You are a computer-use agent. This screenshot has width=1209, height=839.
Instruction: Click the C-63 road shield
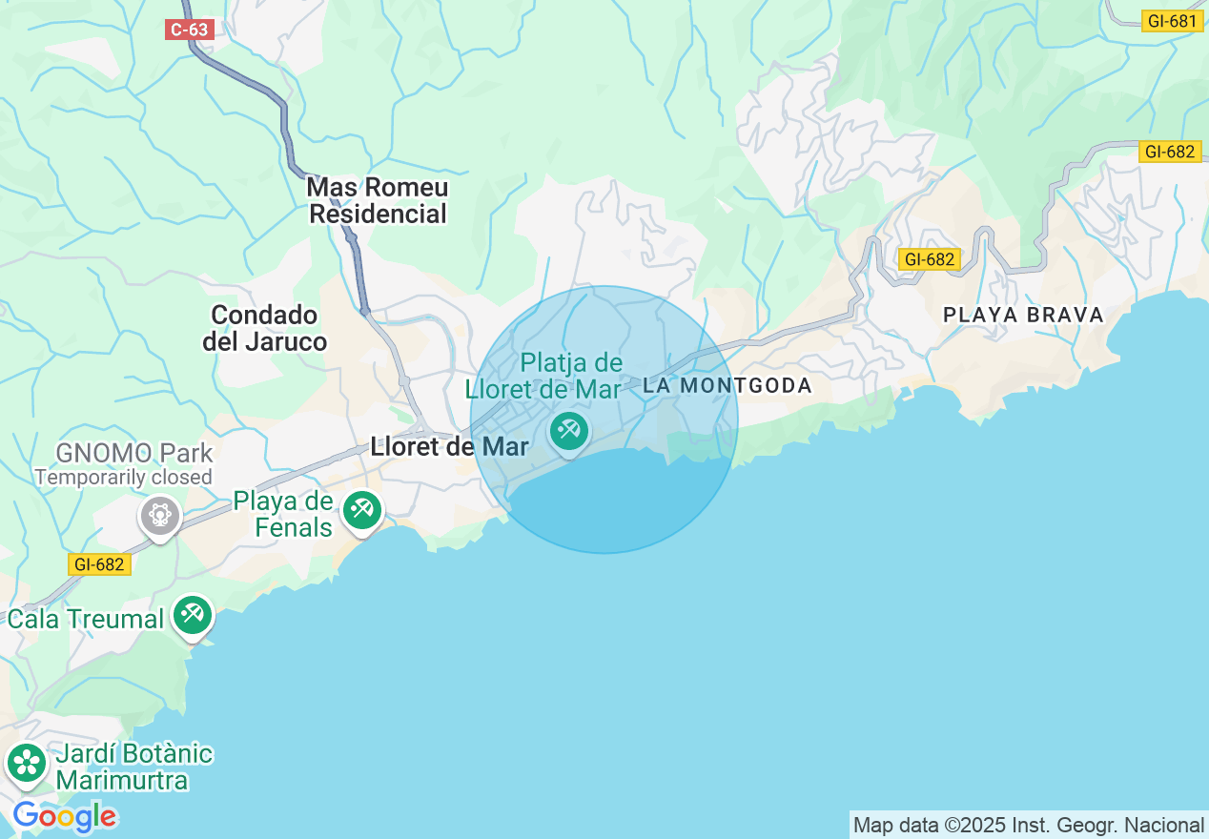tap(189, 30)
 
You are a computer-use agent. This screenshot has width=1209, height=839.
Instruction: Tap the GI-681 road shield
tap(1171, 21)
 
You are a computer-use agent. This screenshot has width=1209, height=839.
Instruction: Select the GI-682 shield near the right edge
tap(1169, 151)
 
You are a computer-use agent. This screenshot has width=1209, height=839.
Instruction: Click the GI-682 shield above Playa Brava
tap(929, 259)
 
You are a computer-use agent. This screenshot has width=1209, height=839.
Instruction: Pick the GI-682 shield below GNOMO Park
tap(98, 564)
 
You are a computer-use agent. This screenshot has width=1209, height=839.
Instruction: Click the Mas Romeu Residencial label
tap(379, 201)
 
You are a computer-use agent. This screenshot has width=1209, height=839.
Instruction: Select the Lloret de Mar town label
tap(449, 446)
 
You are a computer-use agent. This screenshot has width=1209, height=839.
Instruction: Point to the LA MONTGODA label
tap(727, 386)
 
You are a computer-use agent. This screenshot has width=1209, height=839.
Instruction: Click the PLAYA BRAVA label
tap(1023, 315)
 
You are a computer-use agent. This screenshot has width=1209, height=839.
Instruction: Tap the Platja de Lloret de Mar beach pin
tap(569, 432)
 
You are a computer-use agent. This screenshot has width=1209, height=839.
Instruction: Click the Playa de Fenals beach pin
tap(361, 510)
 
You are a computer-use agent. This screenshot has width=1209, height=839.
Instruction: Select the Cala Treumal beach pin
tap(193, 615)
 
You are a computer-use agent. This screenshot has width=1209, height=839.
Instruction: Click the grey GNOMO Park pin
tap(159, 516)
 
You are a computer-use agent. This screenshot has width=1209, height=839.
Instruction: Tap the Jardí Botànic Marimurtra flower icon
tap(27, 763)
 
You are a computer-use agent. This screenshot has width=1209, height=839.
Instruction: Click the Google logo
tap(65, 817)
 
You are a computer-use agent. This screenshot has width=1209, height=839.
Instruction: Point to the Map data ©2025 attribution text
tap(1028, 826)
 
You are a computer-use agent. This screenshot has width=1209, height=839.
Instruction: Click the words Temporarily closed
tap(124, 477)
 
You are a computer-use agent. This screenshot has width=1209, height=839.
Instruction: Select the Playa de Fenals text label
tap(283, 515)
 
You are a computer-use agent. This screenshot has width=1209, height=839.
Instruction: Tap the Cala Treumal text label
tap(86, 620)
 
